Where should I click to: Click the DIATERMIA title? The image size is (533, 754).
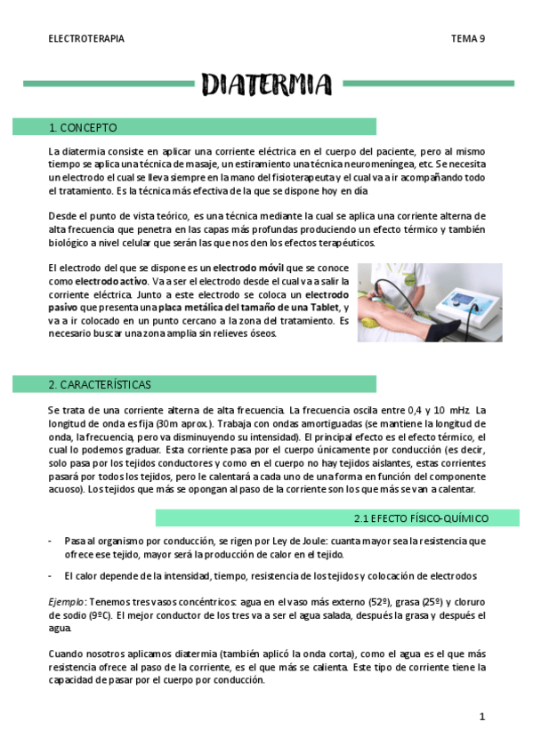pos(266,84)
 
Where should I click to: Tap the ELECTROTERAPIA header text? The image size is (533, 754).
pos(86,39)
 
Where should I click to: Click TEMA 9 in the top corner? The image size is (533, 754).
pos(467,39)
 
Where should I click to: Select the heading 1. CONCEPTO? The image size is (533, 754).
pos(84,127)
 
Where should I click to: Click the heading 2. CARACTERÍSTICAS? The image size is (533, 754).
pos(100,384)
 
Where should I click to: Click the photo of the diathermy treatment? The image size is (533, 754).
pos(429,302)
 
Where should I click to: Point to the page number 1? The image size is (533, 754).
pos(481,716)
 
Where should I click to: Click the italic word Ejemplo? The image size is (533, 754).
pos(68,602)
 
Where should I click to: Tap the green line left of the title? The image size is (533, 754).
pos(107,84)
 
